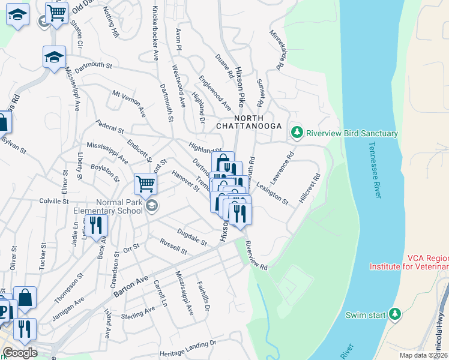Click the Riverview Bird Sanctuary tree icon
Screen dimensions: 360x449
point(295,132)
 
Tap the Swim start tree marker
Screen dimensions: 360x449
point(394,314)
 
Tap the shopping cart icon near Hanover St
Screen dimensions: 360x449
point(145,184)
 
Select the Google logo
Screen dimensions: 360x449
point(20,353)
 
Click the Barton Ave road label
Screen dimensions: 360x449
point(130,284)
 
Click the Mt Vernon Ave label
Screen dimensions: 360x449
point(129,104)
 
